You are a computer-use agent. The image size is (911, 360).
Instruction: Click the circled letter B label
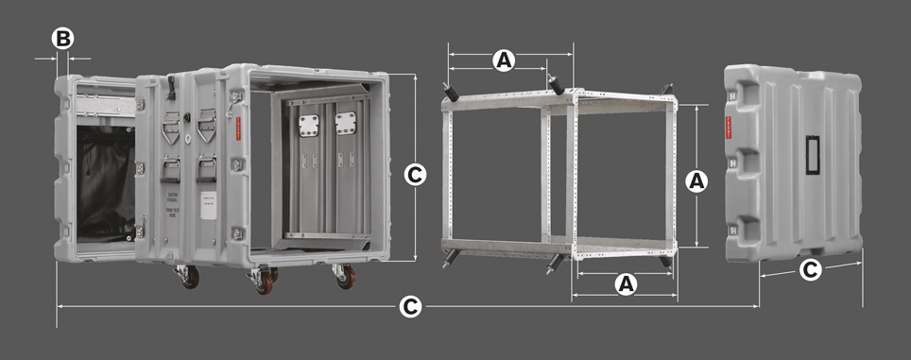tap(62, 39)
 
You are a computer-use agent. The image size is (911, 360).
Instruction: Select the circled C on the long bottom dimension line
tap(409, 307)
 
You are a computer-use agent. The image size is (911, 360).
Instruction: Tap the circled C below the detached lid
tap(810, 270)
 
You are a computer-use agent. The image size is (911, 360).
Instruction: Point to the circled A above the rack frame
tap(505, 60)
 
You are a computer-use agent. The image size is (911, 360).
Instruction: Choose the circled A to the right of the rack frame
tap(696, 181)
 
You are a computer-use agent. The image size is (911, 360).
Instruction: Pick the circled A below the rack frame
tap(624, 284)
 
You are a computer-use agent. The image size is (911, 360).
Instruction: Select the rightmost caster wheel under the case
tap(346, 276)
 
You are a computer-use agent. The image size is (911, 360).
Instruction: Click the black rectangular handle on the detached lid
tap(811, 155)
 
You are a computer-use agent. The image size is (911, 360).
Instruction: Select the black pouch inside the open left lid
tap(105, 184)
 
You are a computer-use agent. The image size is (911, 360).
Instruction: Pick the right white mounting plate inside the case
tap(345, 123)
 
